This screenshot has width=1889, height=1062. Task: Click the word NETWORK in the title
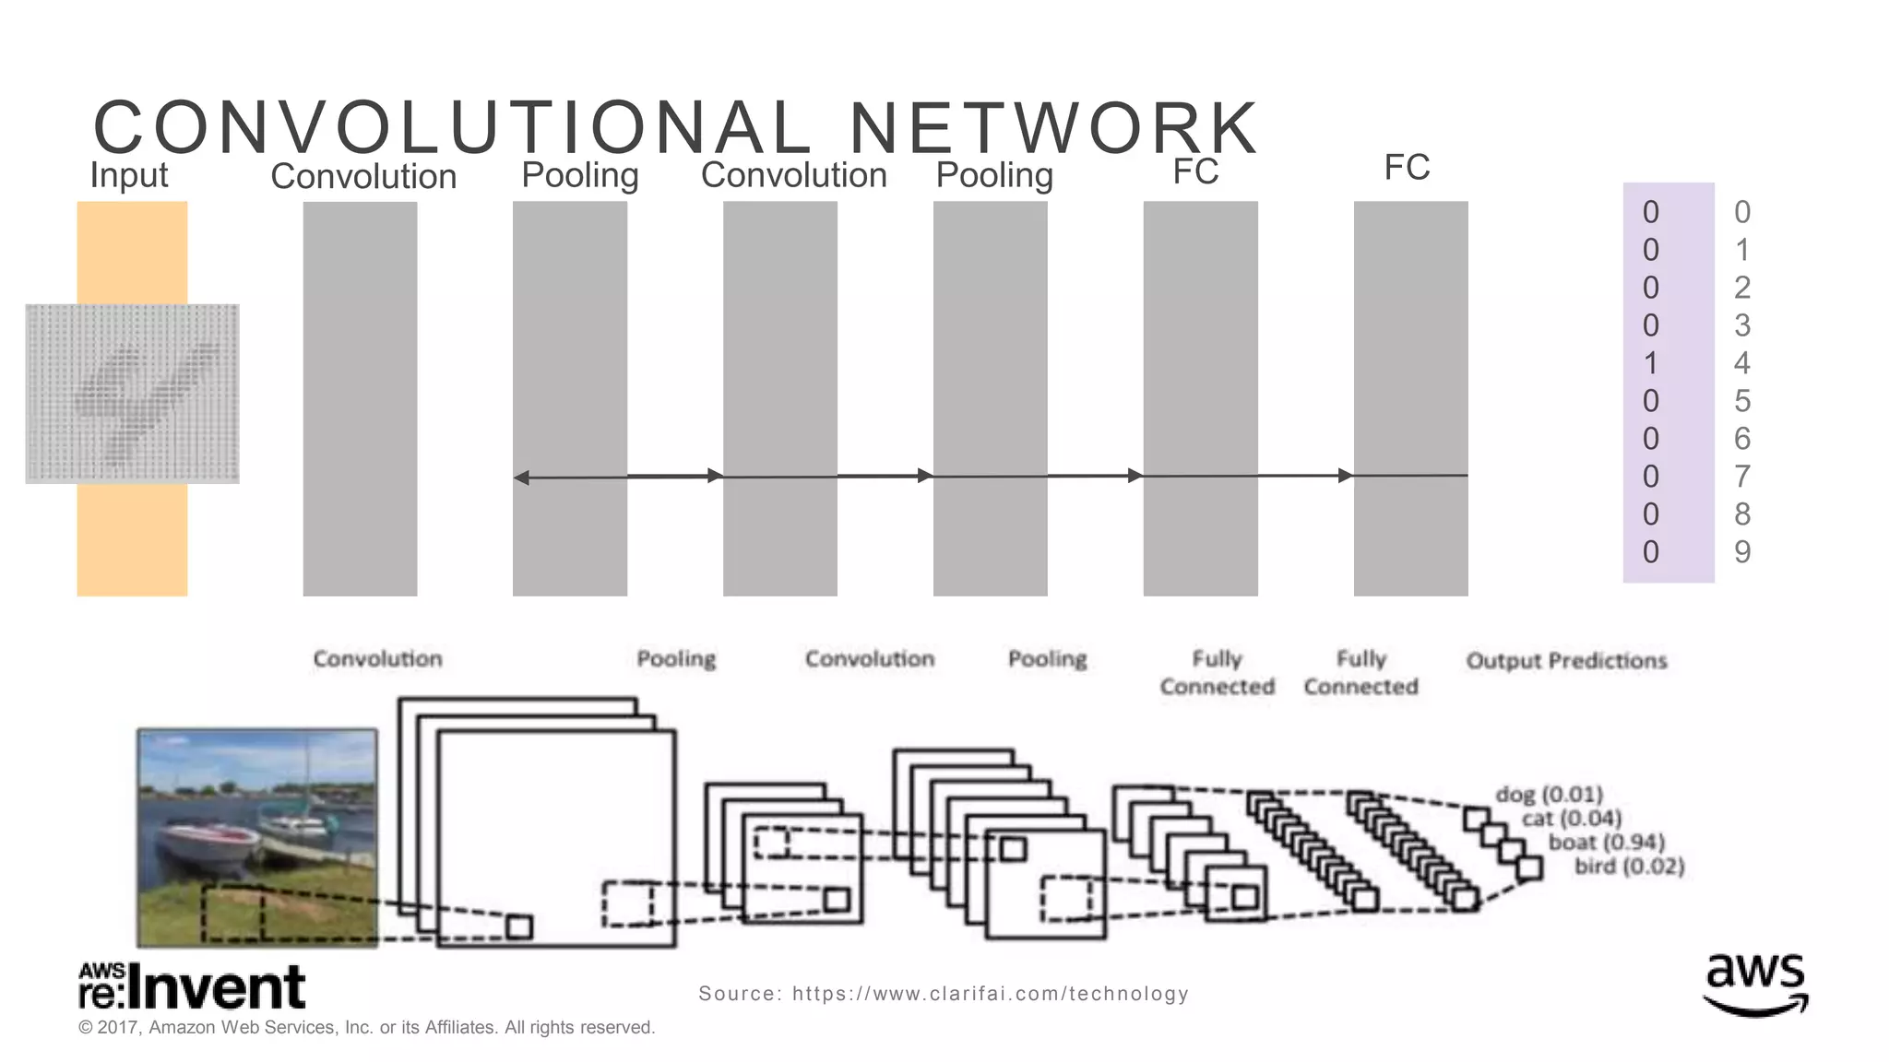tap(1053, 128)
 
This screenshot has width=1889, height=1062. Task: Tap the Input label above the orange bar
tap(128, 175)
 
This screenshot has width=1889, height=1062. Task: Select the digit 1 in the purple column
tap(1650, 363)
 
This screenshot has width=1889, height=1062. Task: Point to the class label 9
tap(1741, 552)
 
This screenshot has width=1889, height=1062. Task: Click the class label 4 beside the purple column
tap(1741, 363)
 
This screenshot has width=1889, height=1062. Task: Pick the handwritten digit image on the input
tap(132, 394)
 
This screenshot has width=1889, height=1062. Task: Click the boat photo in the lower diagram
tap(257, 837)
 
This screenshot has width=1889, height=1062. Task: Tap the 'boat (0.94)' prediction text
tap(1606, 843)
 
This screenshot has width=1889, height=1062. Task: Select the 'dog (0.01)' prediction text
tap(1549, 794)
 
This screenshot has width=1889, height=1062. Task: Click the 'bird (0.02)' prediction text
tap(1629, 867)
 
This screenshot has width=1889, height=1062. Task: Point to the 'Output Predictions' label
tap(1566, 661)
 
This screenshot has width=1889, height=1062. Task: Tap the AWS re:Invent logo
tap(192, 986)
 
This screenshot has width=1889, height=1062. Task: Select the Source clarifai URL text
tap(943, 994)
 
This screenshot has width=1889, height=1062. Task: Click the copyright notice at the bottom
tap(366, 1028)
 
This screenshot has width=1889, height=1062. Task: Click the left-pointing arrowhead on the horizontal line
tap(521, 478)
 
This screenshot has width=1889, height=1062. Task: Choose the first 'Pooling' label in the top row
tap(579, 175)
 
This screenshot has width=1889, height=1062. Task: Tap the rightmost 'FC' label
tap(1407, 168)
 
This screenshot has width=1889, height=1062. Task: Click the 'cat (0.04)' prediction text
tap(1571, 819)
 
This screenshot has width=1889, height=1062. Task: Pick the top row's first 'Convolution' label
tap(363, 176)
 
